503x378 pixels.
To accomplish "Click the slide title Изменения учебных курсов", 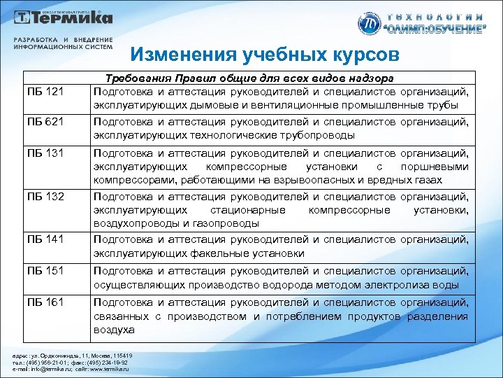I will pyautogui.click(x=265, y=55).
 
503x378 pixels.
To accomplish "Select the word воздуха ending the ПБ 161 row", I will pyautogui.click(x=113, y=329).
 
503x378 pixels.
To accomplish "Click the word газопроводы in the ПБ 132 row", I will pyautogui.click(x=224, y=223).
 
